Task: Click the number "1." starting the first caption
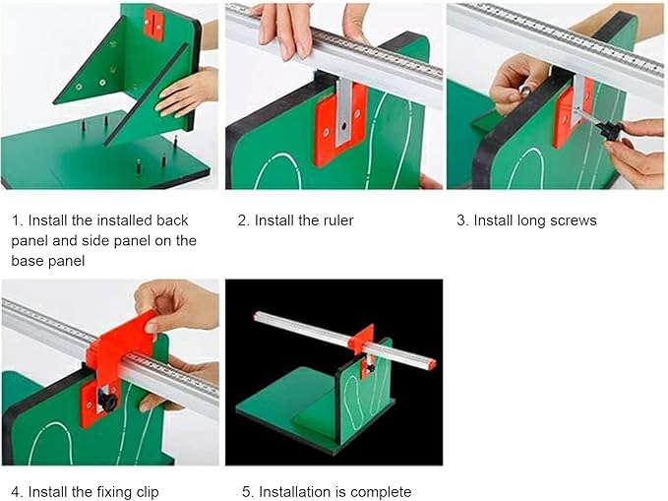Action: click(18, 220)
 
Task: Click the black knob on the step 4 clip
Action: click(106, 402)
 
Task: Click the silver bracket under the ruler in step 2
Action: click(343, 110)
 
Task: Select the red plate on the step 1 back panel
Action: click(154, 24)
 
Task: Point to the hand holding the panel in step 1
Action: click(186, 93)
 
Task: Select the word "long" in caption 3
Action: click(533, 220)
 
